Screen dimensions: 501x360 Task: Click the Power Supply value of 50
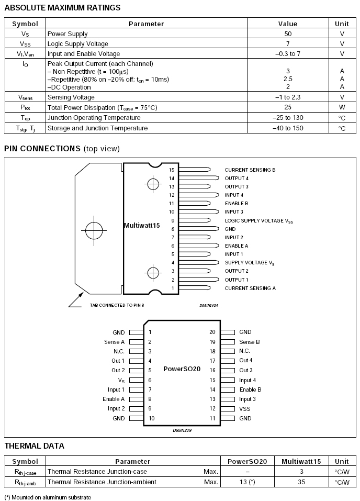tap(288, 34)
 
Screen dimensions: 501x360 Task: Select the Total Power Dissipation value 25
tap(288, 107)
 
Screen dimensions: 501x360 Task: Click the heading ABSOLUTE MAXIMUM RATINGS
tap(62, 8)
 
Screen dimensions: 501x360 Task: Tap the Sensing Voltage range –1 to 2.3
tap(288, 97)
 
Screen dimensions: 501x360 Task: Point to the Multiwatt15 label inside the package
tap(141, 226)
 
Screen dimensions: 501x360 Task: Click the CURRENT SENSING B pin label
tap(250, 170)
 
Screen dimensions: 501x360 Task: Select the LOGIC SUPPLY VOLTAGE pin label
tap(259, 221)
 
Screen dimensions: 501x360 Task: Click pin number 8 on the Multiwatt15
tap(172, 229)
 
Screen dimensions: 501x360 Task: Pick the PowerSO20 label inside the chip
tap(182, 369)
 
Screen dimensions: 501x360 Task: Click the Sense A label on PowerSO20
tap(115, 342)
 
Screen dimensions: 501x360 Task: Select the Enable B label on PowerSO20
tap(250, 389)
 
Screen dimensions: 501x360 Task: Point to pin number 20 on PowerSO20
tap(212, 332)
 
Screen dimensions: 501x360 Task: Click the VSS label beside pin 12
tap(245, 408)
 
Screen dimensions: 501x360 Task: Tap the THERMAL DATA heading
tap(35, 446)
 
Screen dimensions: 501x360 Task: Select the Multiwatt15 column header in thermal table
tap(301, 461)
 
